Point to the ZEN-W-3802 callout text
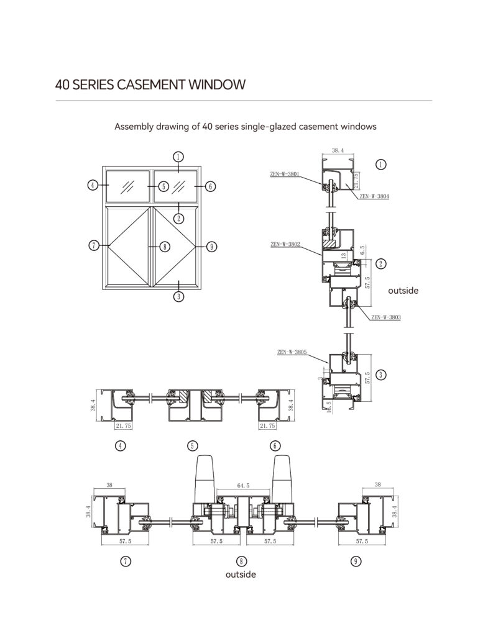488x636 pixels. [285, 245]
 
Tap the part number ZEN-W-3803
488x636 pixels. [386, 317]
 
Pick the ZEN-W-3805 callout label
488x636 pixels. [292, 352]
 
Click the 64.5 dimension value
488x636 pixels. [243, 486]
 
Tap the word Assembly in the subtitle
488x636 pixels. [133, 127]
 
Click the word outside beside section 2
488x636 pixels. [403, 290]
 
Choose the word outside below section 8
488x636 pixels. [241, 575]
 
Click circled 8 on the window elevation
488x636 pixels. [164, 247]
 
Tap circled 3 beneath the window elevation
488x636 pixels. [178, 296]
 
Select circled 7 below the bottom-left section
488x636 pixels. [126, 561]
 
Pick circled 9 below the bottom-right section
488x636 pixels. [356, 561]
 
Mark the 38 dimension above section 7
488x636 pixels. [110, 486]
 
